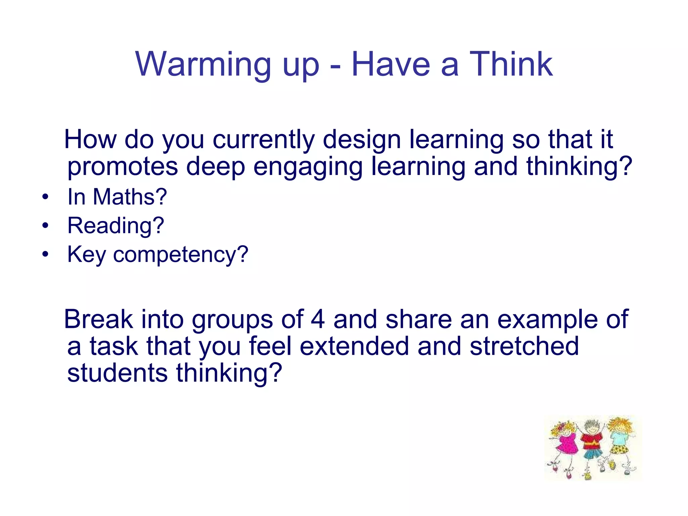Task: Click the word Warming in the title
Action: coord(203,64)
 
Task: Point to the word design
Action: coord(362,140)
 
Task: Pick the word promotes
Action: coord(123,167)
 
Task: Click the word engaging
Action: coord(308,167)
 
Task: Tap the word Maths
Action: coord(129,197)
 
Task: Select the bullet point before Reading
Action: coord(45,226)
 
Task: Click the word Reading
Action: coord(115,226)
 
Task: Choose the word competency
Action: coord(180,255)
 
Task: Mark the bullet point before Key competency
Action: coord(45,254)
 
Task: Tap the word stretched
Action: coord(524,346)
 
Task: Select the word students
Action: coord(117,373)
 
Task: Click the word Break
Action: coord(98,319)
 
